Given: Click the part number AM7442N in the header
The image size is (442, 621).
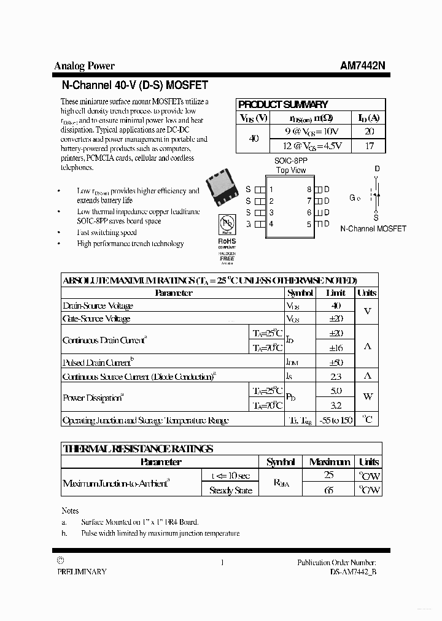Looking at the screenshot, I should [363, 66].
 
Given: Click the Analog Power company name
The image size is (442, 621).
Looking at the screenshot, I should [84, 66].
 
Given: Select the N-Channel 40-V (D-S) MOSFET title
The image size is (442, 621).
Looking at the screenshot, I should [134, 85].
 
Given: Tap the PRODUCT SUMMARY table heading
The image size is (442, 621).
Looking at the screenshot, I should [283, 104].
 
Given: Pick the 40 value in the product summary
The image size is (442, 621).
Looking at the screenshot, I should [254, 139].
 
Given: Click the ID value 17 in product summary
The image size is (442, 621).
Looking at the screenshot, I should [369, 146].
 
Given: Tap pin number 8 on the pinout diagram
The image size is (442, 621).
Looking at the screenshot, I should [309, 190].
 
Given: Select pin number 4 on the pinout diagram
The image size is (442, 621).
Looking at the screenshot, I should [271, 224].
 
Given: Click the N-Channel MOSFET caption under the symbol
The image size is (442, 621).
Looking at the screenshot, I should [373, 228].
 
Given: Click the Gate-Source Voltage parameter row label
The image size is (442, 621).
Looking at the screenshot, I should [96, 318].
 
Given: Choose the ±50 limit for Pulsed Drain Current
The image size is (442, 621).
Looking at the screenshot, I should [336, 362].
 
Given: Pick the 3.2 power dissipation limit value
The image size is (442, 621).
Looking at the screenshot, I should [336, 405].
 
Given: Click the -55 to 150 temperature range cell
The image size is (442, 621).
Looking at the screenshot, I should [336, 420].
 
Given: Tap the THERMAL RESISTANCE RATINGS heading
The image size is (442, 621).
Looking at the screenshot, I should [138, 449].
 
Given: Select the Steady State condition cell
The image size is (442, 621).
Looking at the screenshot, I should [230, 490].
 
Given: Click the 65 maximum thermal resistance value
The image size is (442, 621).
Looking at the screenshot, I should [329, 490].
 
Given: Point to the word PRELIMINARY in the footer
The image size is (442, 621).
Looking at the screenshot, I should [82, 571].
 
